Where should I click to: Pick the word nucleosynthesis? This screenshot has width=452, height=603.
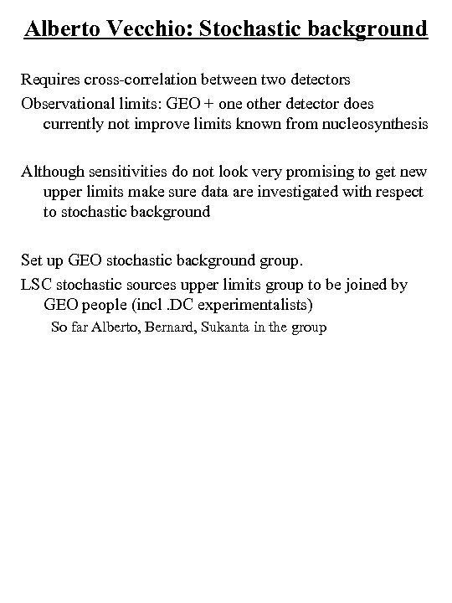tap(367, 124)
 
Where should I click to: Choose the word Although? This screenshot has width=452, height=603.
tap(53, 173)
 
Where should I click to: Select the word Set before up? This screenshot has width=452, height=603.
tap(32, 261)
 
